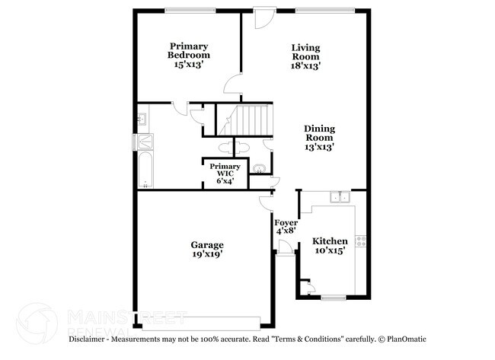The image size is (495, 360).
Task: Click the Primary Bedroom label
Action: (189, 56)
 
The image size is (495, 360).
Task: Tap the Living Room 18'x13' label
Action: (305, 56)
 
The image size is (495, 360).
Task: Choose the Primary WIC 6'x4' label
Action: (225, 173)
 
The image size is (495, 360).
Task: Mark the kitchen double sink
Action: (339, 199)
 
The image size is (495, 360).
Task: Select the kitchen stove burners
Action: (362, 244)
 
